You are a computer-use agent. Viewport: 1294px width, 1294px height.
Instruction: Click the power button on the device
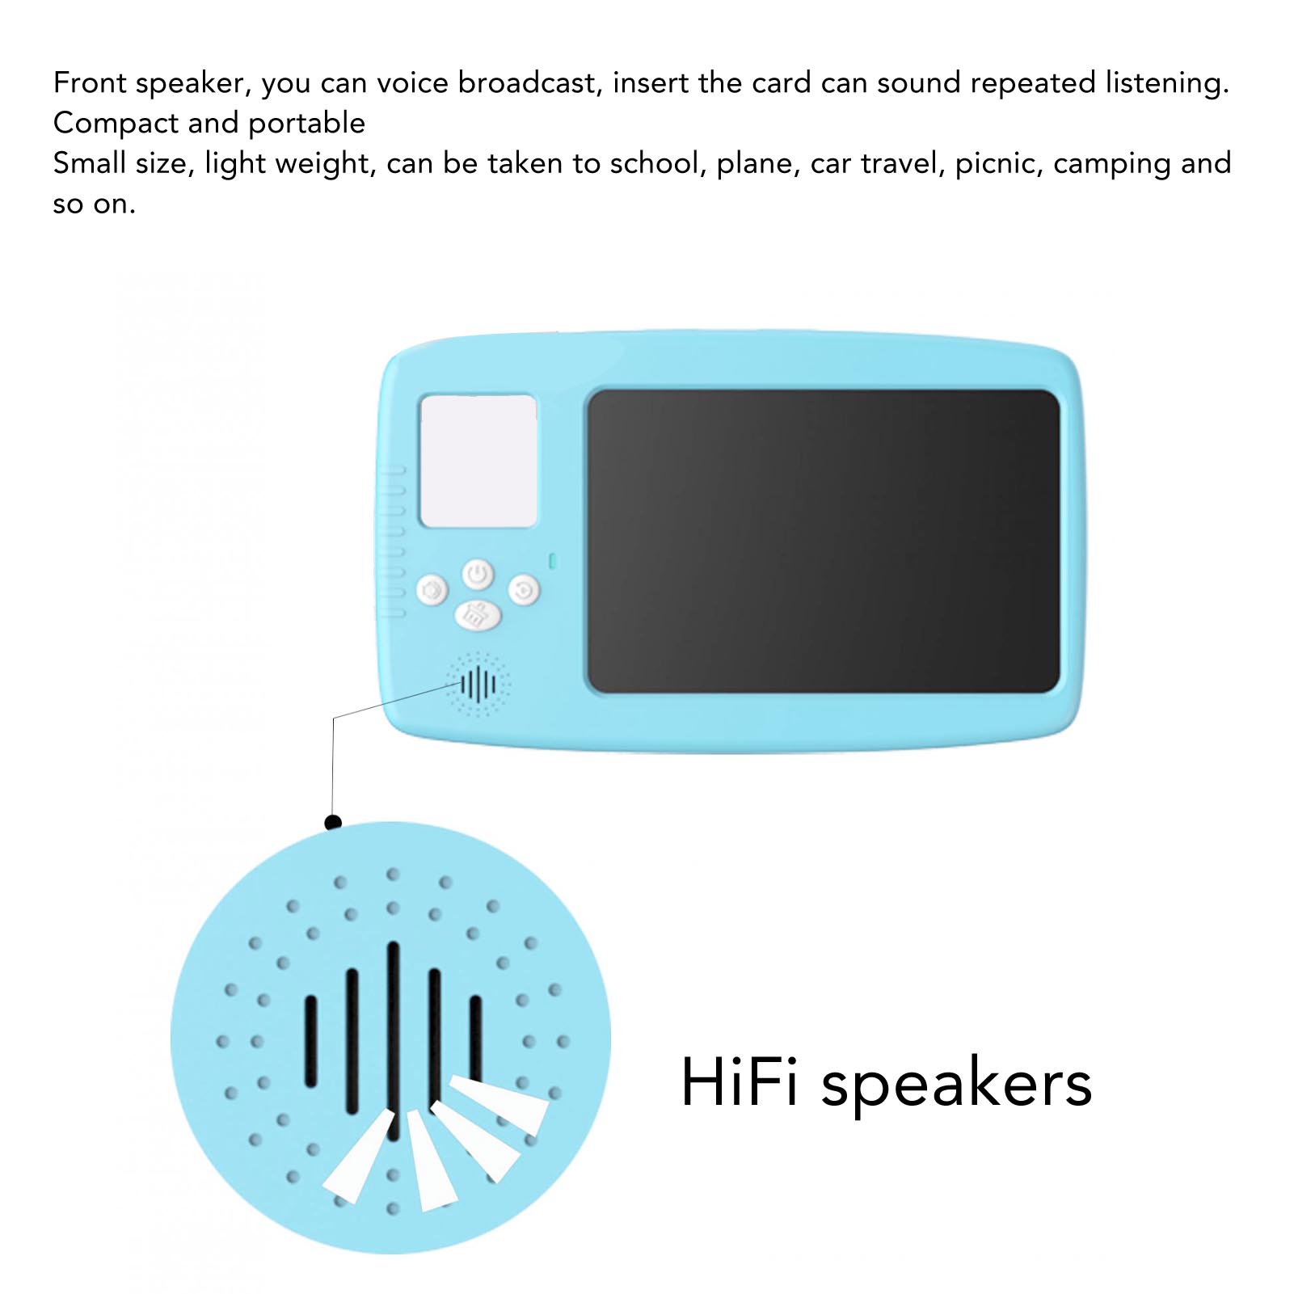(478, 575)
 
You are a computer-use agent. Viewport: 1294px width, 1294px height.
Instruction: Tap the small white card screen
(478, 461)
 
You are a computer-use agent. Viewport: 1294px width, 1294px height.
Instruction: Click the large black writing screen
(823, 541)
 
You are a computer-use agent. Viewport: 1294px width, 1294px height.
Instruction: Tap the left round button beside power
(432, 590)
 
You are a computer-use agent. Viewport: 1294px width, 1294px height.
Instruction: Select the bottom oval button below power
(478, 616)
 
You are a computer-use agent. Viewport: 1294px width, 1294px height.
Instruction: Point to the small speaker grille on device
(478, 685)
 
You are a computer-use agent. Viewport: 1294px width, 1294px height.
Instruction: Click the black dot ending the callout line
(333, 822)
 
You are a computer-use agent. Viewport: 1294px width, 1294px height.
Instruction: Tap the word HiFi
(740, 1082)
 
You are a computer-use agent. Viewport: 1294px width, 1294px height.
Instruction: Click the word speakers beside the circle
(957, 1085)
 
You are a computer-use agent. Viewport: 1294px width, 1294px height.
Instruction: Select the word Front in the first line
(90, 82)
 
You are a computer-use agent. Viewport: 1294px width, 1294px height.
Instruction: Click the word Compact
(116, 124)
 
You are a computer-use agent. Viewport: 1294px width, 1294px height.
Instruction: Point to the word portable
(306, 124)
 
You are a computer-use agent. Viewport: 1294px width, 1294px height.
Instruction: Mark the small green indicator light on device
(553, 560)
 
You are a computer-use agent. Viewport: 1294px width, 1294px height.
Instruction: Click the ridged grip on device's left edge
(393, 541)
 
